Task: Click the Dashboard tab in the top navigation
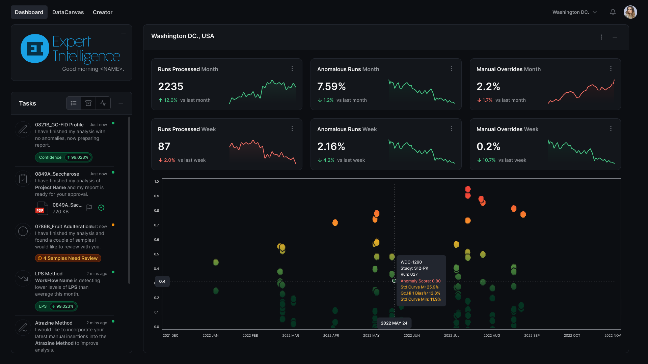[x=29, y=12]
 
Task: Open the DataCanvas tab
[x=68, y=12]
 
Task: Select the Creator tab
[x=103, y=12]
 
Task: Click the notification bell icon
[x=613, y=12]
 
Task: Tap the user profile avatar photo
[x=630, y=12]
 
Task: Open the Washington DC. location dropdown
[x=574, y=12]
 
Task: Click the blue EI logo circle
[x=35, y=49]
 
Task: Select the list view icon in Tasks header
[x=74, y=103]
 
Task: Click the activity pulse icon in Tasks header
[x=103, y=103]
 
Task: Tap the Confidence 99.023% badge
[x=64, y=157]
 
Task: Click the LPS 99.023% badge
[x=56, y=306]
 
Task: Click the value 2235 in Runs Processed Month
[x=171, y=87]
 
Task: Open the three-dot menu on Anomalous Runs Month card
[x=452, y=68]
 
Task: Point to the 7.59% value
[x=331, y=87]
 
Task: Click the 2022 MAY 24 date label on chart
[x=394, y=323]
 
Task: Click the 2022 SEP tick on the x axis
[x=532, y=335]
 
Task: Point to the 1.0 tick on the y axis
[x=157, y=182]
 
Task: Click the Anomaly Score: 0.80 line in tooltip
[x=421, y=281]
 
